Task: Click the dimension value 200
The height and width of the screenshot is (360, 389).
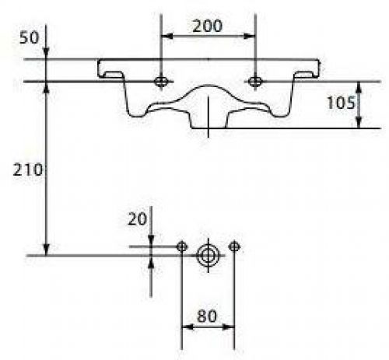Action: (x=208, y=26)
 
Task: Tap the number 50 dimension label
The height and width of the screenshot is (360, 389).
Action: (x=29, y=38)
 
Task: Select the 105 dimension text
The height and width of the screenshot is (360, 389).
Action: (x=341, y=103)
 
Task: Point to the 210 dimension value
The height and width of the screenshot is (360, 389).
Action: (x=27, y=170)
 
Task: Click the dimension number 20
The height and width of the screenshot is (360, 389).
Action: (x=137, y=219)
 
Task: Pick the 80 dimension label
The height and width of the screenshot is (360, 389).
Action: (x=206, y=316)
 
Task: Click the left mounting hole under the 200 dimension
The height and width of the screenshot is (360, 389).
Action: (x=161, y=82)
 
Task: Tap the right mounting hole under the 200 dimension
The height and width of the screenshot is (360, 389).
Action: (x=255, y=82)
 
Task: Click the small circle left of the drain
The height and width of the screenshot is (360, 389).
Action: (x=182, y=246)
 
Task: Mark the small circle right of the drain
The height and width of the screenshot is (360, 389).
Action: (x=234, y=246)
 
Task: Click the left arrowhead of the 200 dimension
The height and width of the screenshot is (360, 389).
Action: (x=166, y=37)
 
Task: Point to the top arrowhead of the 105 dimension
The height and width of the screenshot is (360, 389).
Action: (x=359, y=87)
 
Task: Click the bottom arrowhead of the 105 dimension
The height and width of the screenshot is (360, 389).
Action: (x=359, y=122)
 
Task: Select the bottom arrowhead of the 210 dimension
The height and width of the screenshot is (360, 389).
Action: (x=46, y=250)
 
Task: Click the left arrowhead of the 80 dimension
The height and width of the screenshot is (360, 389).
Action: (x=187, y=327)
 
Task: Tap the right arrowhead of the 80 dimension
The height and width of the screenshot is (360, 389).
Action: (x=229, y=327)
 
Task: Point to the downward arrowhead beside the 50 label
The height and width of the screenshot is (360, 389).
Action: (x=46, y=54)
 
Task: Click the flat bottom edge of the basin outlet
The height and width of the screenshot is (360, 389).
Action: (x=209, y=128)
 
